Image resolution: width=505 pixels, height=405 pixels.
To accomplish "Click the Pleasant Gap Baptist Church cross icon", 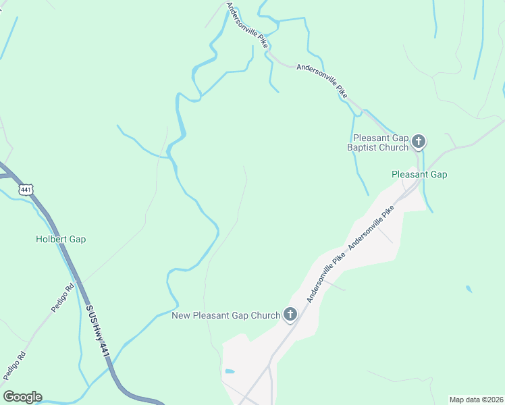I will (x=419, y=142).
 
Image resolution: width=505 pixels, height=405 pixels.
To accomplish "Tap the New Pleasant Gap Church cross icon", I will (x=290, y=314).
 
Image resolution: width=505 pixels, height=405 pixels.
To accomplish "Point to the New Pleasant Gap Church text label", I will (x=225, y=315).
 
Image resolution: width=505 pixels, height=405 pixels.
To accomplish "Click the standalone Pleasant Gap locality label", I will (x=419, y=174).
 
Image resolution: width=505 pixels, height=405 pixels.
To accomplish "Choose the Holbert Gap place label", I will (x=61, y=239).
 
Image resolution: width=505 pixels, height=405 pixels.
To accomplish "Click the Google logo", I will (x=22, y=397).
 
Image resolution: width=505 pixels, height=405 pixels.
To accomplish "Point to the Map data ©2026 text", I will (x=475, y=400).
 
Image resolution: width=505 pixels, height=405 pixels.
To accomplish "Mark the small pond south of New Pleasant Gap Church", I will (x=230, y=371).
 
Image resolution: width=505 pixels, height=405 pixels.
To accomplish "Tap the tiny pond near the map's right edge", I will (x=469, y=289).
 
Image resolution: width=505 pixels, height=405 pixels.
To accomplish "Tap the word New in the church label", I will (x=182, y=315).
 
